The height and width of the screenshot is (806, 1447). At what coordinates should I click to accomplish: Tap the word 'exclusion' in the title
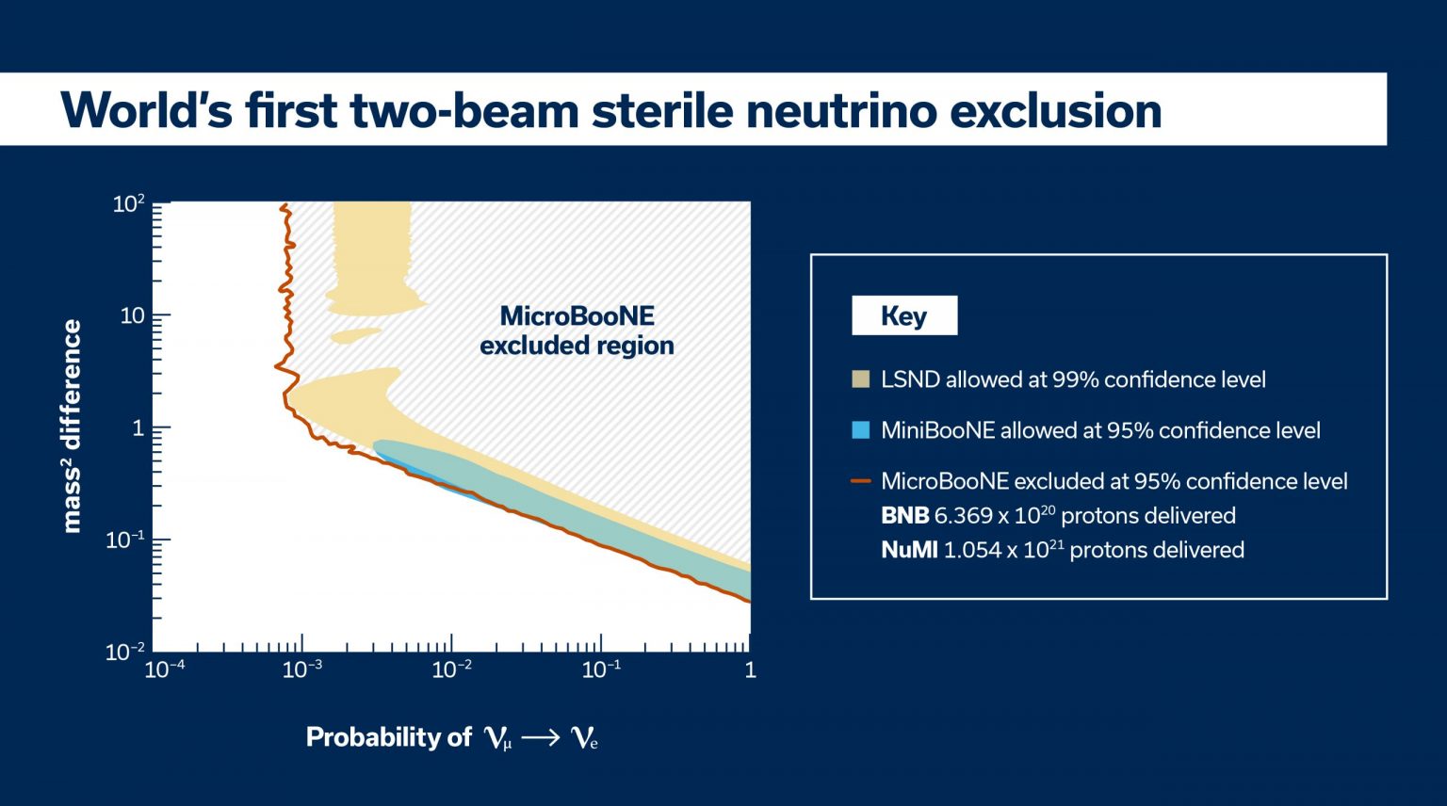[x=1055, y=110]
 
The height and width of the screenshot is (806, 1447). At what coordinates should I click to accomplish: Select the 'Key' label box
[x=904, y=315]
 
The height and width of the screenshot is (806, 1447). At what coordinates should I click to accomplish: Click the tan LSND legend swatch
[x=860, y=379]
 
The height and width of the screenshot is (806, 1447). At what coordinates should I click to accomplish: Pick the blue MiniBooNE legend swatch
[x=860, y=430]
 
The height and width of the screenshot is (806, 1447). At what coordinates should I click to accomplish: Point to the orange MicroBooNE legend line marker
[x=860, y=481]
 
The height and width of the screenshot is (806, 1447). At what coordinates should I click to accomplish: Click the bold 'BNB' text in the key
[x=904, y=516]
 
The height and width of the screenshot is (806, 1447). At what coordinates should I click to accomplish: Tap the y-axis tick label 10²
[x=128, y=203]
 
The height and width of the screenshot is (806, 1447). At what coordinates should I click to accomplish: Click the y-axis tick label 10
[x=132, y=315]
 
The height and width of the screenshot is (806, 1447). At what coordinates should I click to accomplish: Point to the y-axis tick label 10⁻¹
[x=125, y=540]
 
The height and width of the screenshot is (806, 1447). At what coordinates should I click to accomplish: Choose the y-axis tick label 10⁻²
[x=125, y=651]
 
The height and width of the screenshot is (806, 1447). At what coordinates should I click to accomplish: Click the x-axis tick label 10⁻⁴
[x=164, y=669]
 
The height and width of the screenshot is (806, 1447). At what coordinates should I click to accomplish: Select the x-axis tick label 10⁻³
[x=302, y=669]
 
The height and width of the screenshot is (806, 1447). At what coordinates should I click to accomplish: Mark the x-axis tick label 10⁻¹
[x=601, y=669]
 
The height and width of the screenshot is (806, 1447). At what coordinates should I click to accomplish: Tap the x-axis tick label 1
[x=750, y=669]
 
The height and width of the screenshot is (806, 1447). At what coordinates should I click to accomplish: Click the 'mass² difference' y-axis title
[x=72, y=426]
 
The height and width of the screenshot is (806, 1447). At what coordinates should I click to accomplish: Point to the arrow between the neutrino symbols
[x=541, y=738]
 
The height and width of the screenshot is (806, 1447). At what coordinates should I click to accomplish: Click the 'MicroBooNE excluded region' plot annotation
[x=577, y=330]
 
